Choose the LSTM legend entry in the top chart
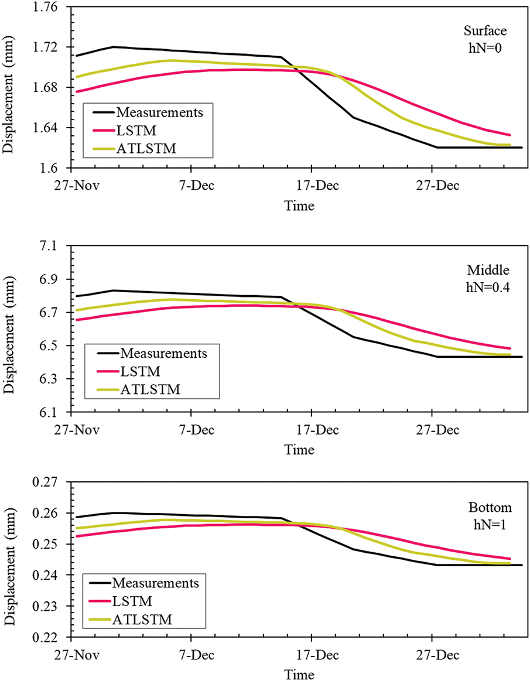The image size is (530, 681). [134, 131]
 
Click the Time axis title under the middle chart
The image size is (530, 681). [299, 450]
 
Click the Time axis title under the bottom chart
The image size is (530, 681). [299, 674]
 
